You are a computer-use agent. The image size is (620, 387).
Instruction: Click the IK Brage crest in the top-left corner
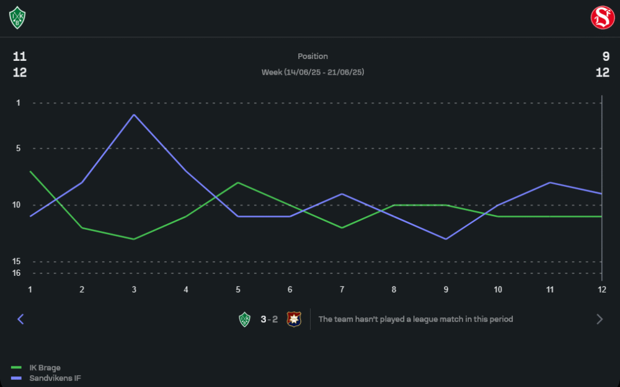tap(17, 17)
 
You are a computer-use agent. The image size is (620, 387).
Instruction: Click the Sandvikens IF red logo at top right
tap(602, 17)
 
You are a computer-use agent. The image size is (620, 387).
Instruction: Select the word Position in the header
tap(312, 57)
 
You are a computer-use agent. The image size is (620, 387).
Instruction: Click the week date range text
tap(312, 73)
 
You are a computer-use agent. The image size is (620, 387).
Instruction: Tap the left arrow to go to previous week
tap(20, 319)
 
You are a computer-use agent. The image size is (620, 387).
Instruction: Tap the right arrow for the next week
tap(600, 319)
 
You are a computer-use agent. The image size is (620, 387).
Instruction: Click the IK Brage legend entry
tap(44, 368)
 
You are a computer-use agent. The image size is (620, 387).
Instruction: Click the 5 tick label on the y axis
tap(18, 148)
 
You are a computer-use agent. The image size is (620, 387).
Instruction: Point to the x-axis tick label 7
tap(342, 289)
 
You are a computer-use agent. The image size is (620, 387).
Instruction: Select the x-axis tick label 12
tap(601, 289)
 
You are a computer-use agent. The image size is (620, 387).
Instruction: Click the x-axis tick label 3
tap(134, 289)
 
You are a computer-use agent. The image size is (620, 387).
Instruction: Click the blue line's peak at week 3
tap(134, 115)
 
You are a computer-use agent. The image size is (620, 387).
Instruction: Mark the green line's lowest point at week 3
tap(134, 239)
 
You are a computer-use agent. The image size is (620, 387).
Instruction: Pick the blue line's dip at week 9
tap(446, 239)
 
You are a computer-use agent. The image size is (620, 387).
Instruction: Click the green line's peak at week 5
tap(238, 183)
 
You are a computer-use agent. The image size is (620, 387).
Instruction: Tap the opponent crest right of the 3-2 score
tap(293, 319)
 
